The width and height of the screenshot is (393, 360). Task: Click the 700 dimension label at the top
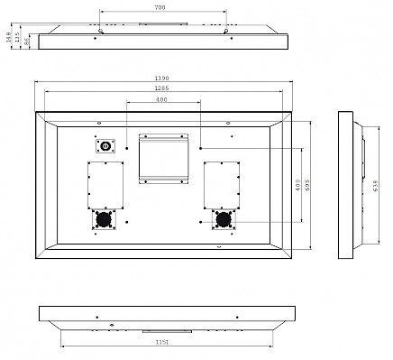[x=160, y=6]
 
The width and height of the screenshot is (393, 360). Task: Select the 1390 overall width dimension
[x=161, y=79]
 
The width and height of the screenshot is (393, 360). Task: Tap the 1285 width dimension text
[x=161, y=89]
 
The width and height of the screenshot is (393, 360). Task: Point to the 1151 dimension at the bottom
[x=161, y=344]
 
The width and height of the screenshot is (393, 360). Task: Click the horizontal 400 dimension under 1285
[x=161, y=99]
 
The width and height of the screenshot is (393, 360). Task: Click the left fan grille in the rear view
[x=102, y=218]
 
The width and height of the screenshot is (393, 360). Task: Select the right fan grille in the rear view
[x=222, y=218]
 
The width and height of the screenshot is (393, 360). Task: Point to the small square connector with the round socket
[x=105, y=145]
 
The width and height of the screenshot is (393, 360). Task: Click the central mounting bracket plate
[x=162, y=157]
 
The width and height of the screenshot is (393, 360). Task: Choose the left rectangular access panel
[x=105, y=185]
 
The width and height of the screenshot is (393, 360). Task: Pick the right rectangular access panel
[x=219, y=185]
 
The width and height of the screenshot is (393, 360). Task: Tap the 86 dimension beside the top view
[x=27, y=41]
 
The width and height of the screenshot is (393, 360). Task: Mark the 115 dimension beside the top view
[x=18, y=39]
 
